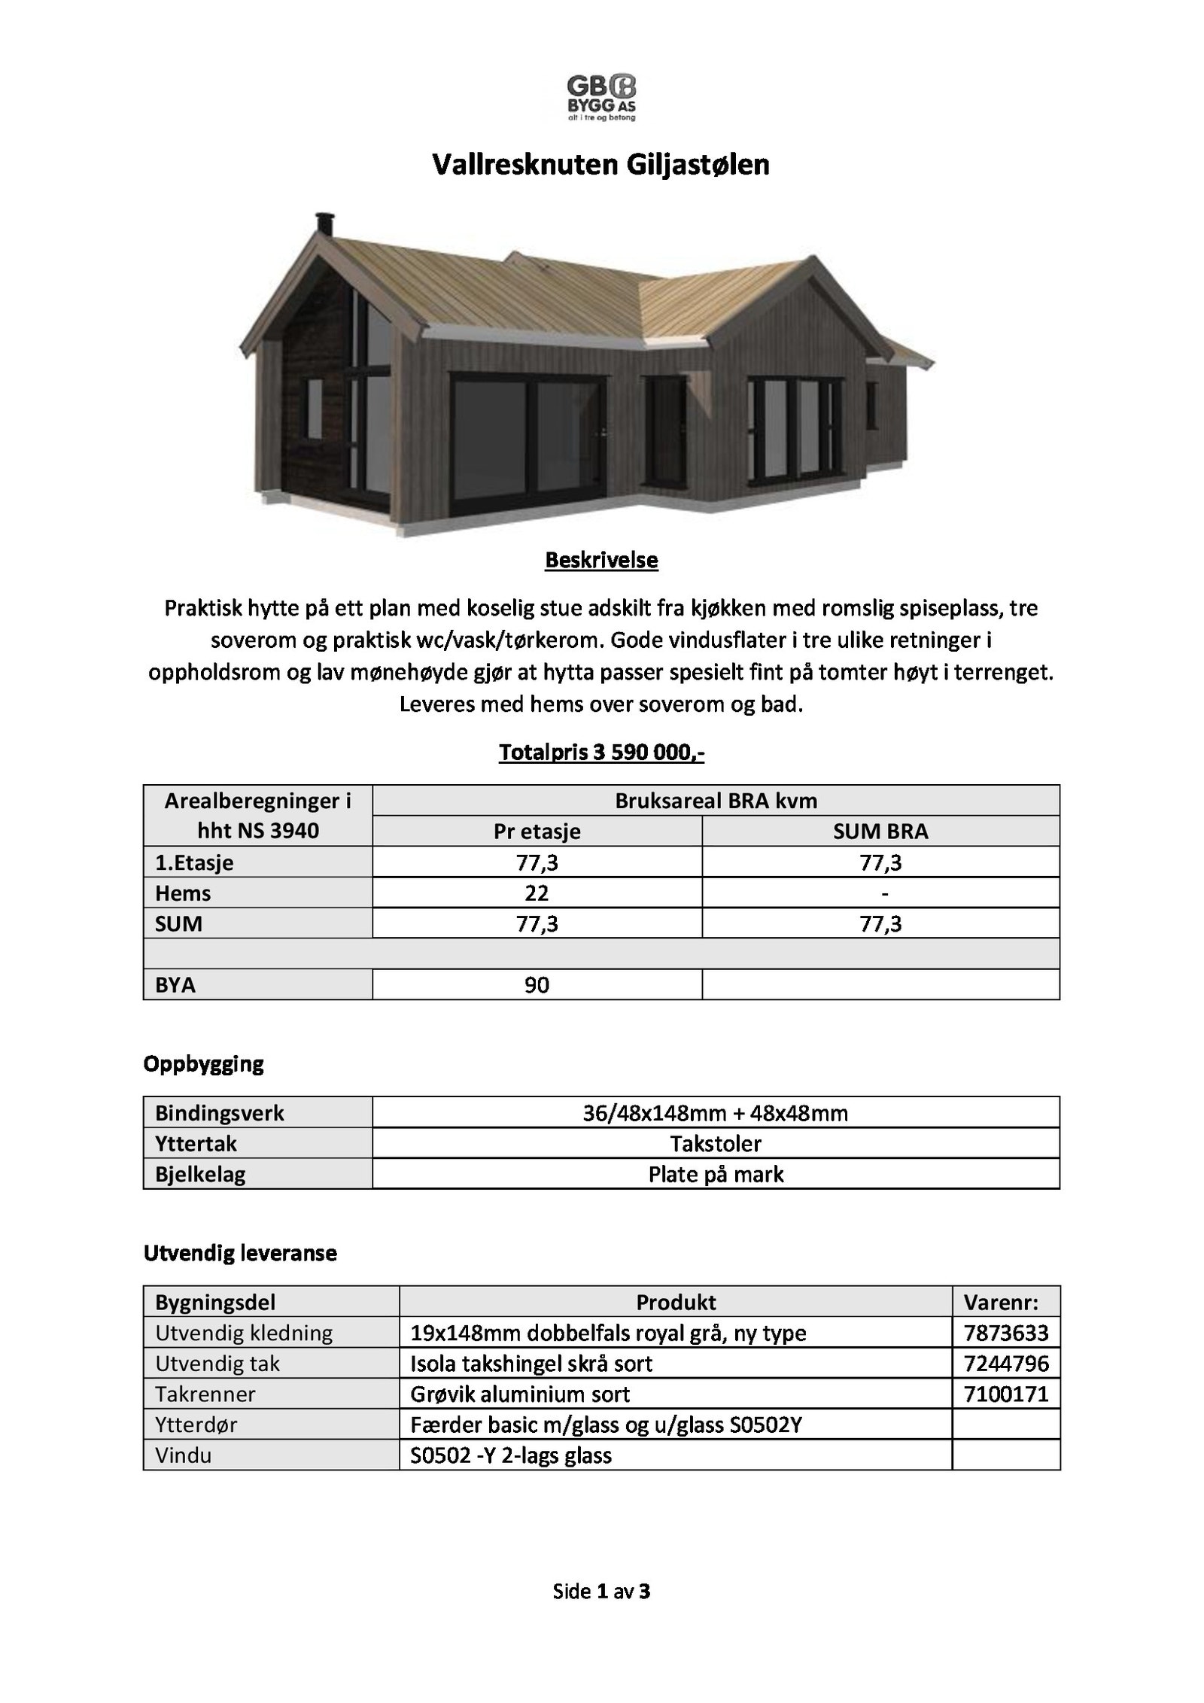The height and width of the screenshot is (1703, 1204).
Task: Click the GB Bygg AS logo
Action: point(601,97)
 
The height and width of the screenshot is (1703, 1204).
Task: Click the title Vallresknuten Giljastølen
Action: point(600,165)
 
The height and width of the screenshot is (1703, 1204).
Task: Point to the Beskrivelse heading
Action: point(601,561)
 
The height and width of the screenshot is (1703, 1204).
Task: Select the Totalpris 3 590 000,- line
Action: point(601,753)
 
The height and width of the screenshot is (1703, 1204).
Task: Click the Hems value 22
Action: point(537,893)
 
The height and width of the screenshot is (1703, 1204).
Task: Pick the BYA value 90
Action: point(537,985)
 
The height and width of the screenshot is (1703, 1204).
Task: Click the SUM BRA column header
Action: point(880,832)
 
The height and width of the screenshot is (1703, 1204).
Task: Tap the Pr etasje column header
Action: point(537,832)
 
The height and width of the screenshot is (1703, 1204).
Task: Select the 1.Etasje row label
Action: point(194,862)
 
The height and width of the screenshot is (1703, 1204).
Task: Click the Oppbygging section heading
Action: point(203,1064)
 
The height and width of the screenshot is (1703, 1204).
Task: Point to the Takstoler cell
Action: point(716,1144)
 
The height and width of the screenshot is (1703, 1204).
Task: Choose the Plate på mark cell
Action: point(716,1175)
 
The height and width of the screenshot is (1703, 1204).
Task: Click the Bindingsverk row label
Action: point(220,1113)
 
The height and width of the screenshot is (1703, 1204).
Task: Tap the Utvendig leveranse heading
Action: point(240,1254)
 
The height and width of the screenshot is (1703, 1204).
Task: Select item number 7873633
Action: point(1006,1334)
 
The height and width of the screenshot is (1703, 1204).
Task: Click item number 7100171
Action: point(1006,1394)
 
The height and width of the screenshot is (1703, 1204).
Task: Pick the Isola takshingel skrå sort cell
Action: point(531,1364)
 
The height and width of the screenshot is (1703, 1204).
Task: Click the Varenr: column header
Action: point(1001,1303)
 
